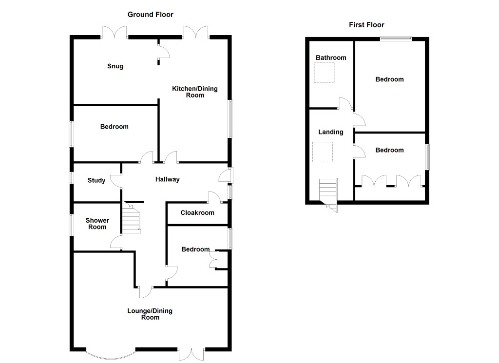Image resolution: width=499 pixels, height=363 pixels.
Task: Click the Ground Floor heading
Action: [x=150, y=15]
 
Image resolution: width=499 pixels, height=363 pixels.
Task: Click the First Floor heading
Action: [x=366, y=25]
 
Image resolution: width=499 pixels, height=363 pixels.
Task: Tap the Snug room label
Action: [x=115, y=66]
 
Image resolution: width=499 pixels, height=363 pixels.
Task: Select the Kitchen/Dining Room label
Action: [x=194, y=92]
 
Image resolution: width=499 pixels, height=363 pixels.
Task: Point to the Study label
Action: [x=96, y=181]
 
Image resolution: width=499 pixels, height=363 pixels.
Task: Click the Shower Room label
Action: [x=97, y=224]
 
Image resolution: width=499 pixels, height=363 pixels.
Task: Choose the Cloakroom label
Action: [x=197, y=213]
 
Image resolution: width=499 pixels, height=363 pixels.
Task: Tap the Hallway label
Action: [x=168, y=179]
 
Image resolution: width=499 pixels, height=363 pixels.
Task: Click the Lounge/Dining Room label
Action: [x=150, y=314]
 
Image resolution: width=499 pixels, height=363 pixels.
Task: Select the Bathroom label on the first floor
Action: [x=331, y=58]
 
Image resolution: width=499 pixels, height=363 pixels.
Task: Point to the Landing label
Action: [x=331, y=132]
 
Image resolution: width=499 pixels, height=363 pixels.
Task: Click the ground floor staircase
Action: [x=131, y=219]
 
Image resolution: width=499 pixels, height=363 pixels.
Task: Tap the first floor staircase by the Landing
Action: [x=328, y=192]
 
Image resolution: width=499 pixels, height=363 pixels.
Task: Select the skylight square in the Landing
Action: [x=323, y=152]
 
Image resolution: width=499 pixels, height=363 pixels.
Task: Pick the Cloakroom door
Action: [x=213, y=197]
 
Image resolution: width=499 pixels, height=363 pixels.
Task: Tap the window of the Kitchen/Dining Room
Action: [x=230, y=118]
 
